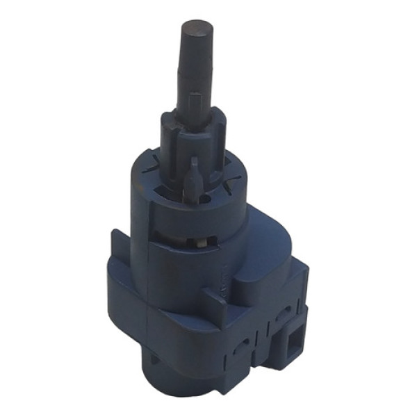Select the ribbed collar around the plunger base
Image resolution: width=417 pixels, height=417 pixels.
(x=192, y=132)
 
